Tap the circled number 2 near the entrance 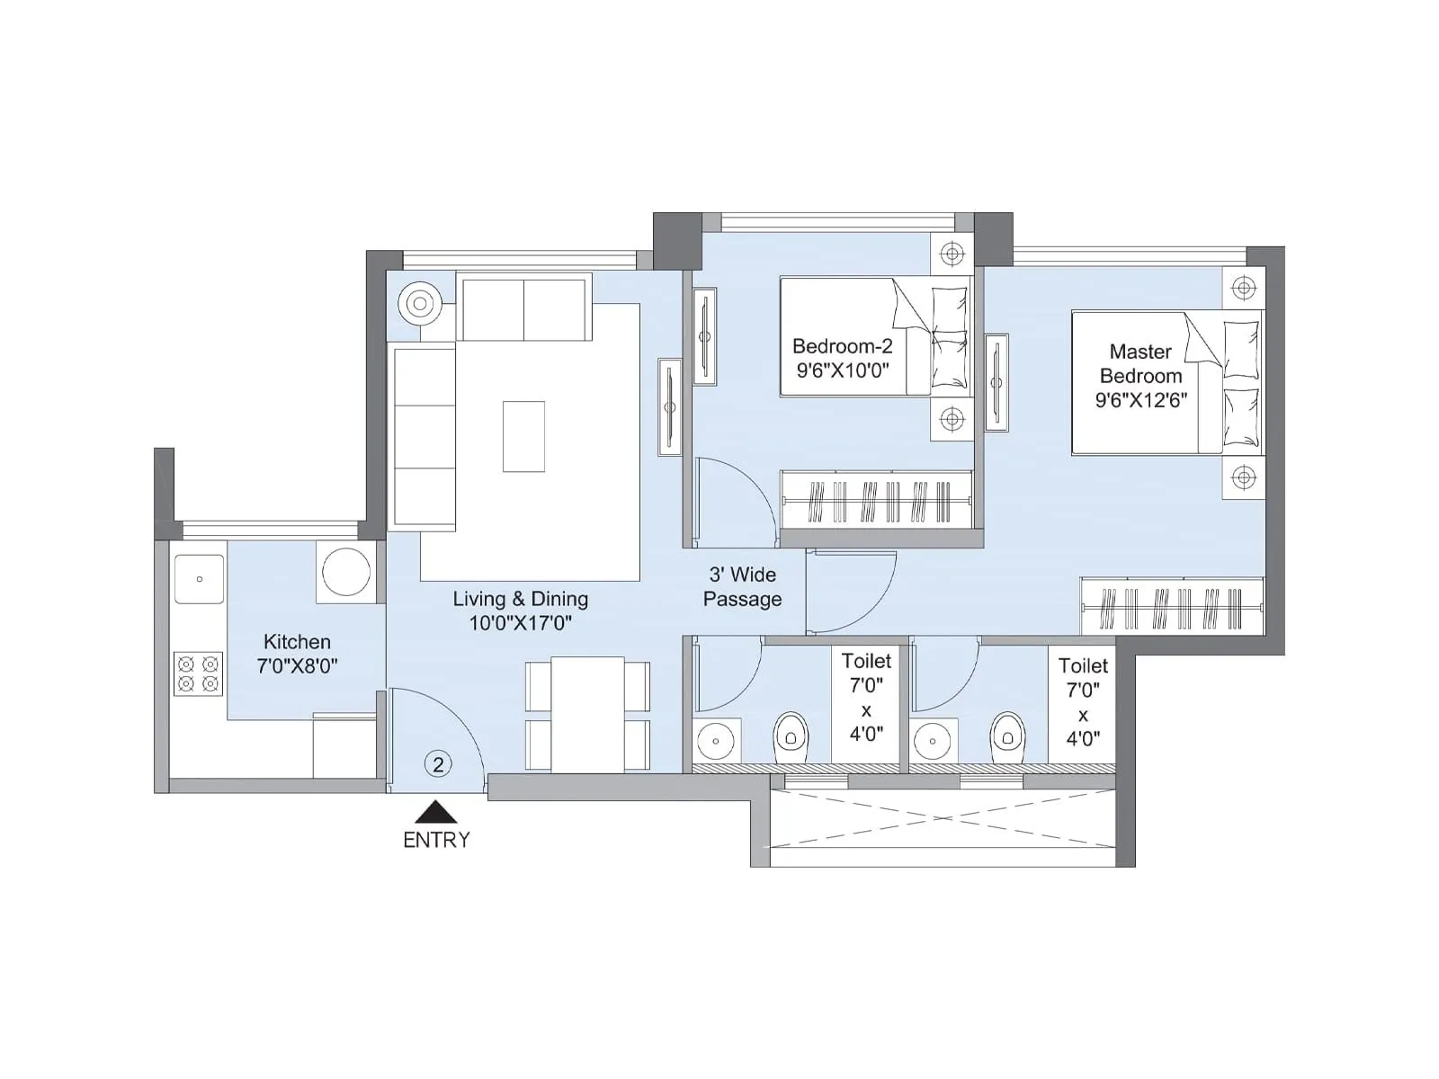(438, 765)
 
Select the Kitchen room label (297, 642)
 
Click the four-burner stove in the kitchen (198, 673)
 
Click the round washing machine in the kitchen (346, 572)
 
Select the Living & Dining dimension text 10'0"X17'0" (520, 623)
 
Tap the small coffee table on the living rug (523, 436)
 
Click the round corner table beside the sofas (420, 304)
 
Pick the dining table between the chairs (587, 714)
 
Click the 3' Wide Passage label (743, 586)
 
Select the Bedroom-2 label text (842, 346)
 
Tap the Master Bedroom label (1140, 363)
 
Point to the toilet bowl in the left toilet (791, 734)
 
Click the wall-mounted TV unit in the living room (670, 407)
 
